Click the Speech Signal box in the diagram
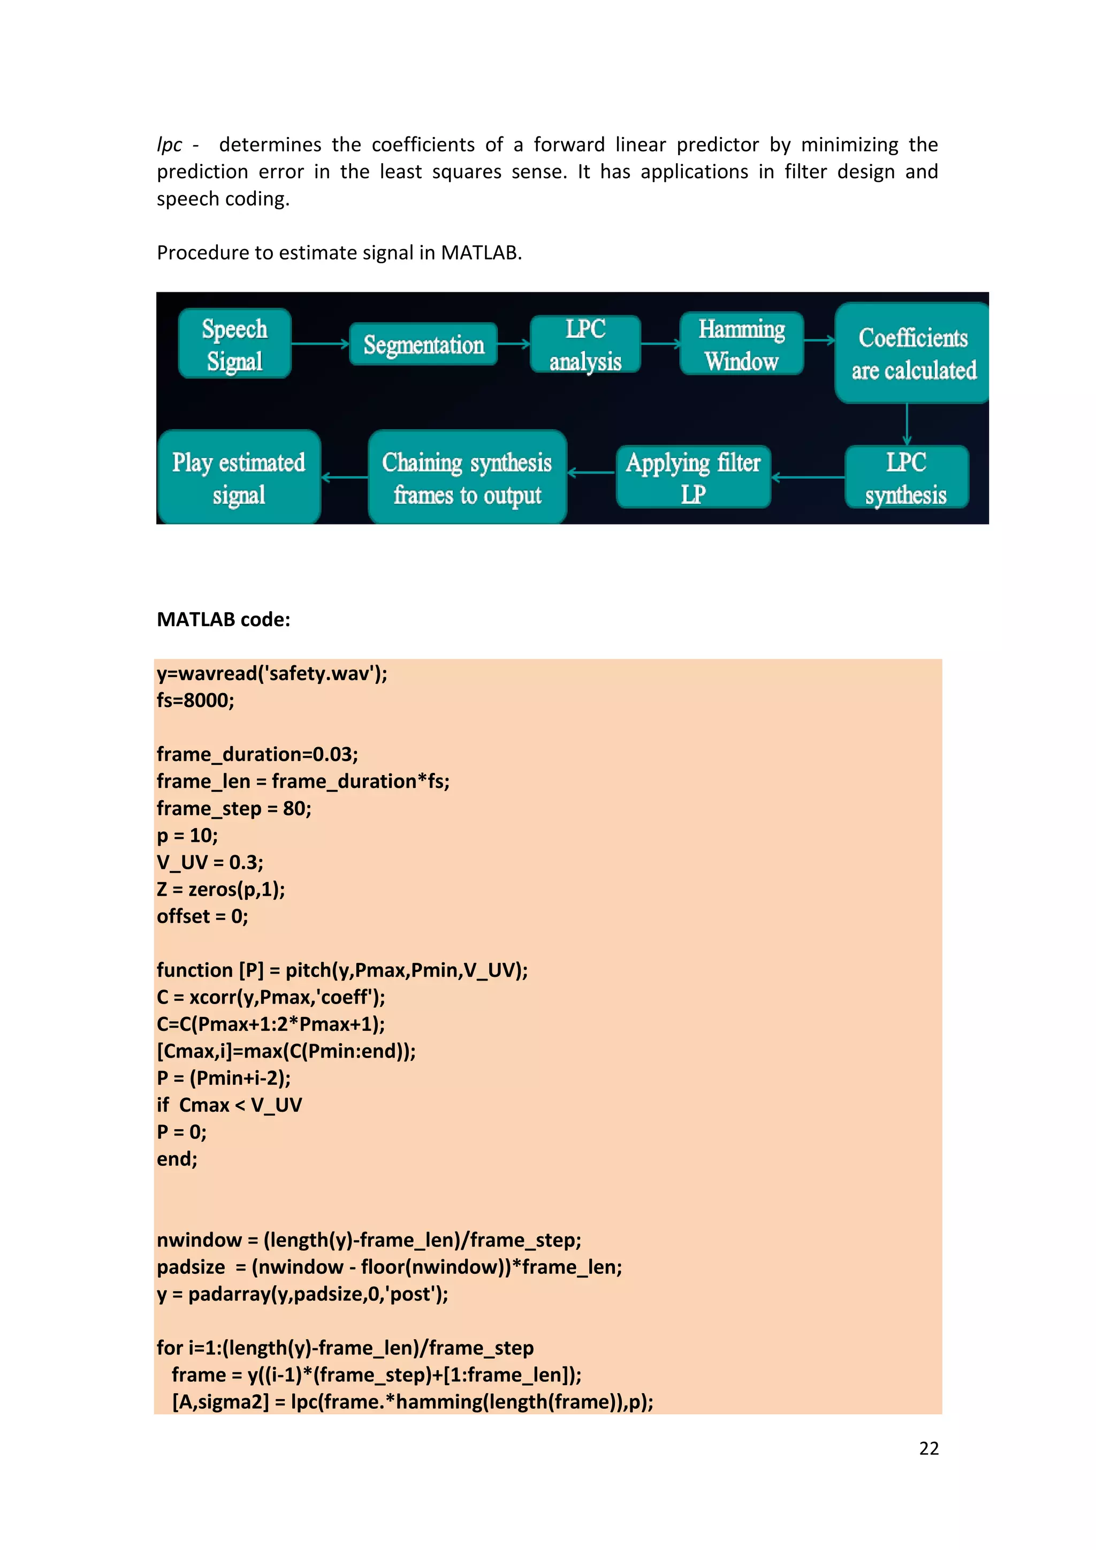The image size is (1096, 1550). pos(235,344)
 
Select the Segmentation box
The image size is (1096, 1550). pos(423,344)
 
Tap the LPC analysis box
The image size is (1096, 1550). pos(585,344)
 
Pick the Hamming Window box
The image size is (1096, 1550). pos(742,344)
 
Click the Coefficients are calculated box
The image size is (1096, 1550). pos(913,353)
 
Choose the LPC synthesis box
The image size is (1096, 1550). pos(907,477)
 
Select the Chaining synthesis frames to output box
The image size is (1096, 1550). pos(467,477)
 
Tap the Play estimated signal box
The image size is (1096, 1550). pos(239,477)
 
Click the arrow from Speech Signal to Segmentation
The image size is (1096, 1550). pos(320,344)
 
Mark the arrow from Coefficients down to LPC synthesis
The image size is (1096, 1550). pos(907,424)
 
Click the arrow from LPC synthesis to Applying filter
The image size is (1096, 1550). pos(808,477)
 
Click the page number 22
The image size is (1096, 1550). pos(928,1448)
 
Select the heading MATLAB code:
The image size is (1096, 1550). pos(223,619)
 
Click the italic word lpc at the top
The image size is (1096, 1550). pos(170,145)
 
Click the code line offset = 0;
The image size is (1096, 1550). pos(202,916)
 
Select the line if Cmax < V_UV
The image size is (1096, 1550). pos(230,1105)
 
